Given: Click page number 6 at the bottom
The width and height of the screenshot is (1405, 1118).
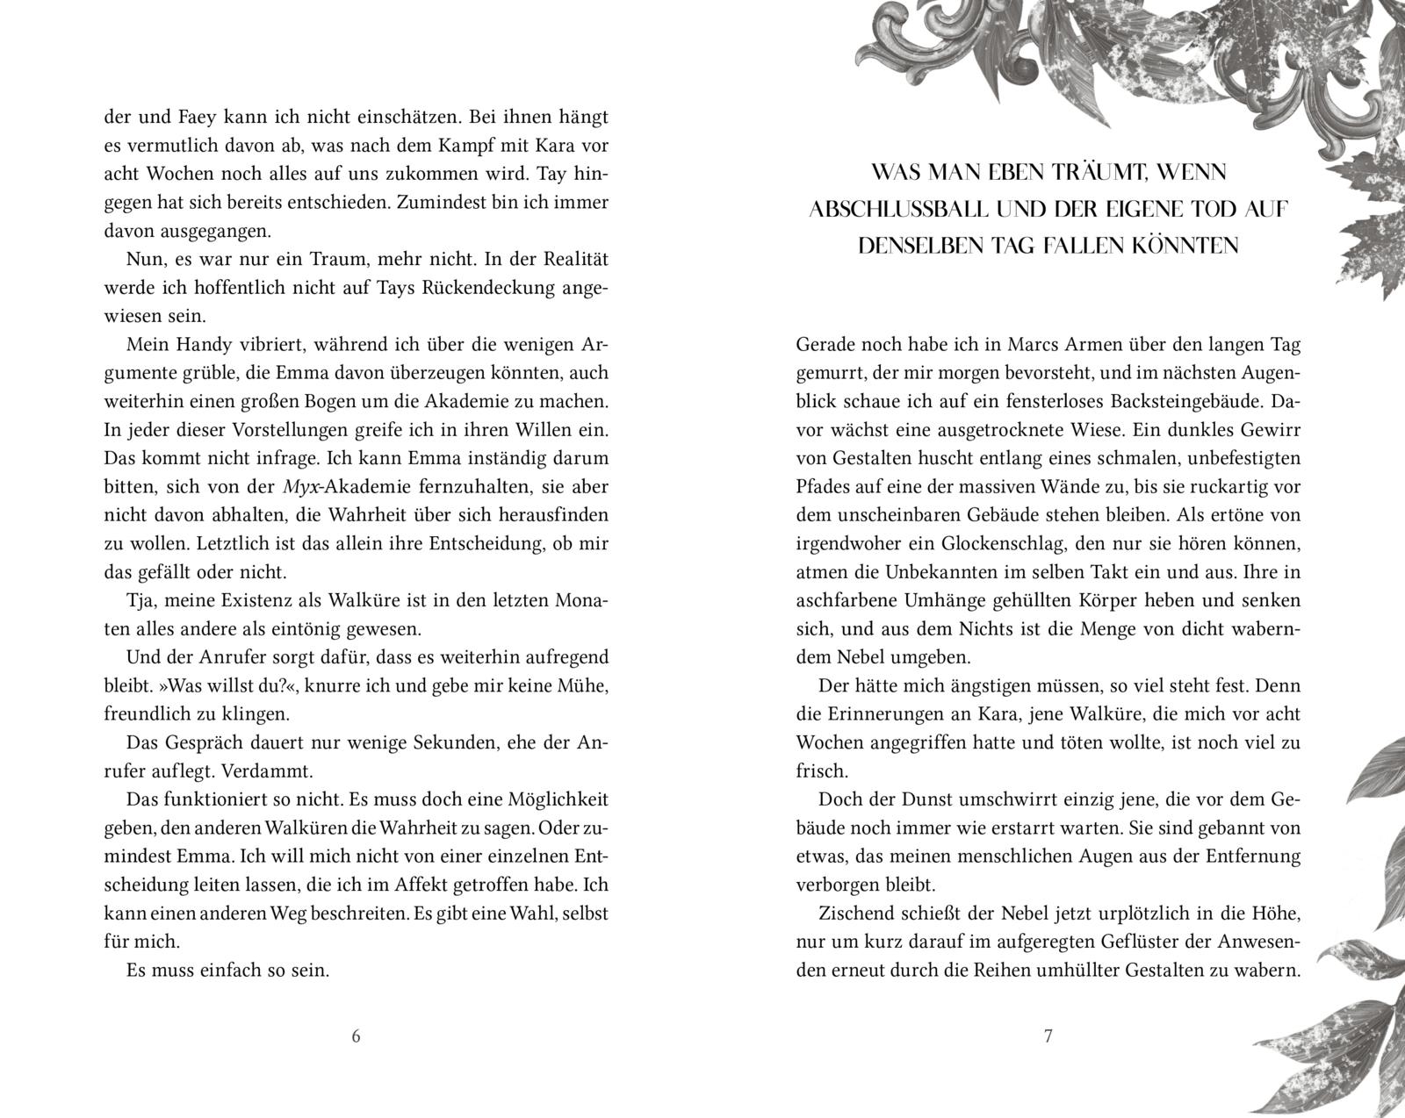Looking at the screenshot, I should (356, 1036).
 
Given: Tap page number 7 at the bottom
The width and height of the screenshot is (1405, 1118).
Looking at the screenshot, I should (1048, 1036).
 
